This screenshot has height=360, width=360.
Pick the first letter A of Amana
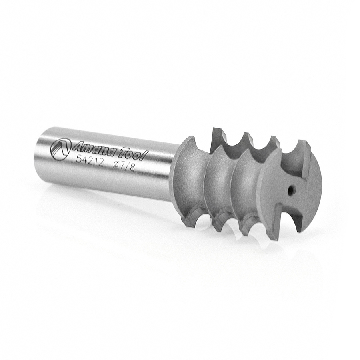click(x=77, y=147)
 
